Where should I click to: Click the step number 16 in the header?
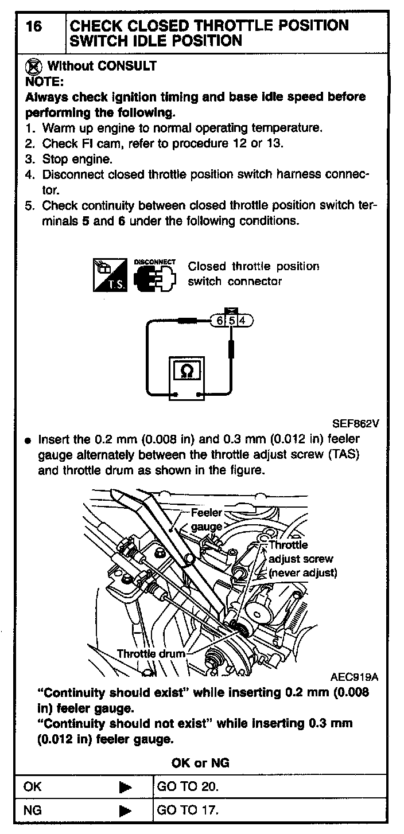click(34, 26)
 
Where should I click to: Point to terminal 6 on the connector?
click(220, 321)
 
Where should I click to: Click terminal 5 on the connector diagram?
click(232, 321)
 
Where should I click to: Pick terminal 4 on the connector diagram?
click(242, 321)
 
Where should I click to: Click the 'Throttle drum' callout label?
click(151, 654)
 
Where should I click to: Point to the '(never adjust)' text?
click(303, 572)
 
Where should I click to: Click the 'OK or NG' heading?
click(200, 762)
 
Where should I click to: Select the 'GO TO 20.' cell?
click(188, 787)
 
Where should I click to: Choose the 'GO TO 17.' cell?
click(188, 810)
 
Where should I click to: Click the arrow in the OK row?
click(126, 788)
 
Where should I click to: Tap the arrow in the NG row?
click(126, 811)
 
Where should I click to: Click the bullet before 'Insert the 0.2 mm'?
click(27, 442)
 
